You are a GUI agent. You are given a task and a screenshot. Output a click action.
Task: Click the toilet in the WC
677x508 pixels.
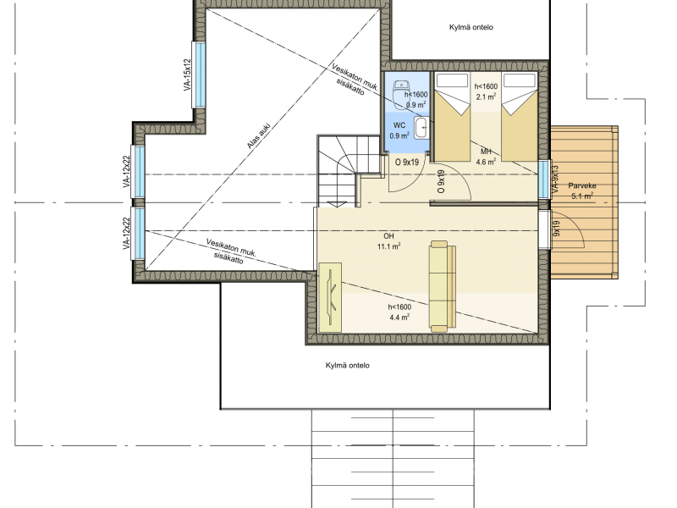pyautogui.click(x=399, y=94)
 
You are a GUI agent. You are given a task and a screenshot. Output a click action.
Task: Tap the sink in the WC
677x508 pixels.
pyautogui.click(x=421, y=128)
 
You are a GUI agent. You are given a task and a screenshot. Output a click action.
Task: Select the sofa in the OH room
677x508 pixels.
pyautogui.click(x=443, y=286)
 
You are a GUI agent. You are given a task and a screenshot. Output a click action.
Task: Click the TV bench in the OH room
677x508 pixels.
pyautogui.click(x=330, y=298)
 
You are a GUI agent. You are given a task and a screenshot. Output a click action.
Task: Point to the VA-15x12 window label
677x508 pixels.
pyautogui.click(x=187, y=75)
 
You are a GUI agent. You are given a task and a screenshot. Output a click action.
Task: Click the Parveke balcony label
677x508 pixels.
pyautogui.click(x=582, y=185)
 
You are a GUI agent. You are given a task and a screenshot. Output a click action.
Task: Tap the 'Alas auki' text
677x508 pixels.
pyautogui.click(x=259, y=136)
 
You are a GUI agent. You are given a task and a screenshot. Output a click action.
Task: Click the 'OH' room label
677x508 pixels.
pyautogui.click(x=388, y=236)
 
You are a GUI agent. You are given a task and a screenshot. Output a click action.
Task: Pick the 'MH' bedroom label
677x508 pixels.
pyautogui.click(x=486, y=152)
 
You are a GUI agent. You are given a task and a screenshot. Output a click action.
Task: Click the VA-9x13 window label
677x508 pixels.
pyautogui.click(x=555, y=179)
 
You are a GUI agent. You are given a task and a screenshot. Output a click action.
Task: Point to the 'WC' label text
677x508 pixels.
pyautogui.click(x=399, y=125)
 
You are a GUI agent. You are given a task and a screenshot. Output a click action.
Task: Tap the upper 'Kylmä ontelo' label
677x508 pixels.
pyautogui.click(x=471, y=27)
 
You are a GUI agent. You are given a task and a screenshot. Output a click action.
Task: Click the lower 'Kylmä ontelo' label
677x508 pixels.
pyautogui.click(x=348, y=366)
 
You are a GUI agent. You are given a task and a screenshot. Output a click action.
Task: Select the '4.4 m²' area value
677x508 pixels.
pyautogui.click(x=399, y=317)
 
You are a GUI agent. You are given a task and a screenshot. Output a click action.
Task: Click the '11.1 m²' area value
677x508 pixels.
pyautogui.click(x=388, y=246)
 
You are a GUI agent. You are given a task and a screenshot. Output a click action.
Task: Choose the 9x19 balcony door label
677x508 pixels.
pyautogui.click(x=557, y=229)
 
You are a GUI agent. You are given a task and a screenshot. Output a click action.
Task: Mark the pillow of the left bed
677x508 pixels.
pyautogui.click(x=452, y=80)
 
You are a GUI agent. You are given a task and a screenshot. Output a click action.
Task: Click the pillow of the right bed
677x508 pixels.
pyautogui.click(x=520, y=80)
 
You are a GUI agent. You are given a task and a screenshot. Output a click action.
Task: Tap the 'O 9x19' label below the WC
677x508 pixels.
pyautogui.click(x=407, y=163)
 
